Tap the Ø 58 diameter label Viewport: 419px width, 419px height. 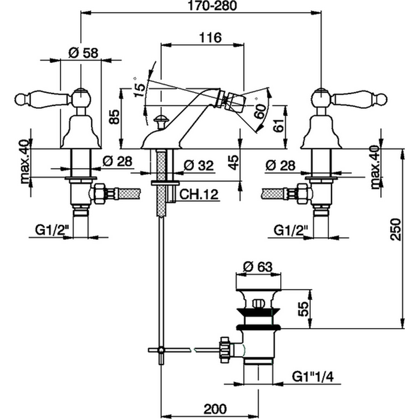click(x=83, y=53)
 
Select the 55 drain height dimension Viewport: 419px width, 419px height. click(x=304, y=309)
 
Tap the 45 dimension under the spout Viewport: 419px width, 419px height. click(x=234, y=162)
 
